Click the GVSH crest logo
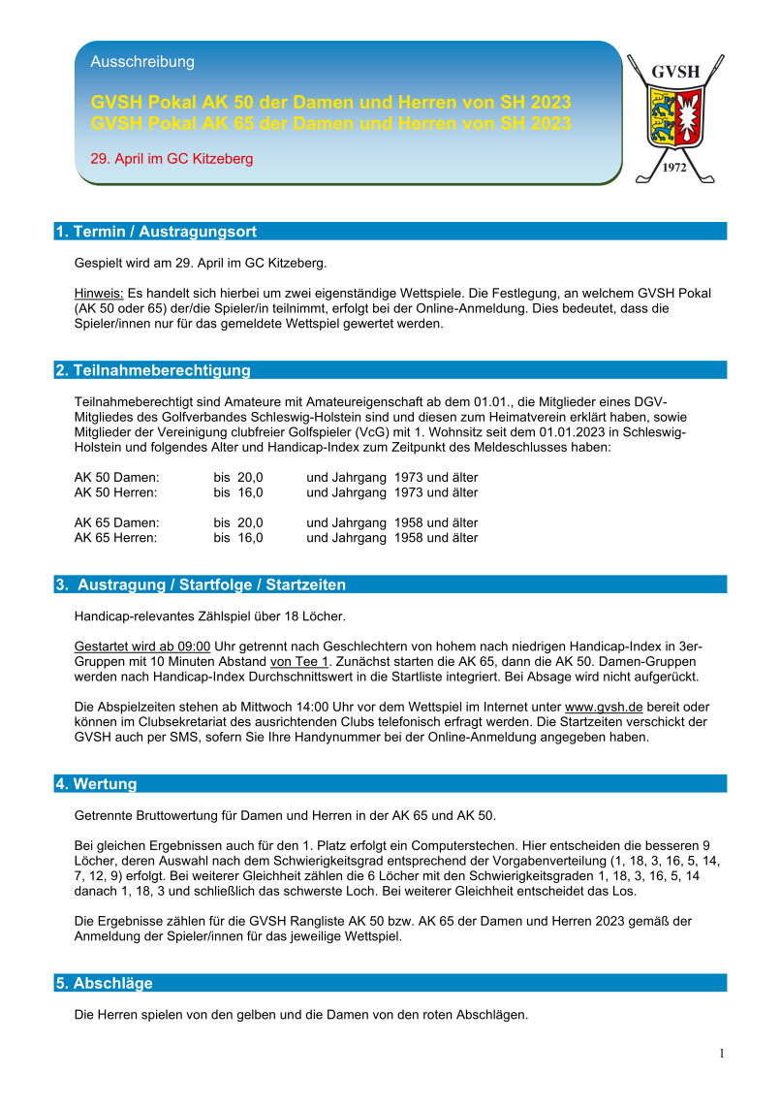click(x=677, y=117)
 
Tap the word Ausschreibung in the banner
click(x=142, y=62)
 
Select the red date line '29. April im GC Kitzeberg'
click(x=172, y=159)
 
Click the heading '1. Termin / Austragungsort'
click(x=156, y=232)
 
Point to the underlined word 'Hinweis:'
click(x=99, y=293)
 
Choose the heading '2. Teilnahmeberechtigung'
click(x=153, y=370)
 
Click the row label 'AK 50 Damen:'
click(x=117, y=478)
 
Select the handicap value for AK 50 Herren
click(x=238, y=492)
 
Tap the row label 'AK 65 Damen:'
click(x=117, y=523)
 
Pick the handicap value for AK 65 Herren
click(x=238, y=538)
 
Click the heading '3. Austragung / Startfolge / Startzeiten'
click(x=201, y=584)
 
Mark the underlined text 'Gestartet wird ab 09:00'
click(x=142, y=647)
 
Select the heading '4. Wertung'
click(x=96, y=783)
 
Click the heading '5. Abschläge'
click(x=104, y=983)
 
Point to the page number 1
click(x=722, y=1054)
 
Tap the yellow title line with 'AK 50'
click(x=330, y=103)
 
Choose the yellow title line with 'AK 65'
click(x=330, y=123)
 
